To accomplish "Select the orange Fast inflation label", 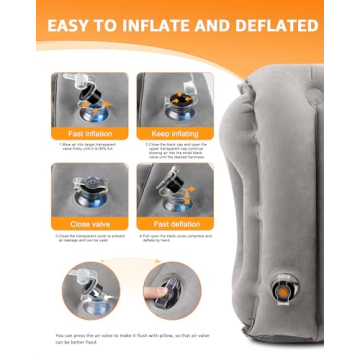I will (x=89, y=134).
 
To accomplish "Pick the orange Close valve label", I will (x=89, y=224).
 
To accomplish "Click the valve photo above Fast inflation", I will (x=89, y=99).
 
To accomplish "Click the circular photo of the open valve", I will (x=90, y=291).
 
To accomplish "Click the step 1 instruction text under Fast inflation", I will (x=89, y=148).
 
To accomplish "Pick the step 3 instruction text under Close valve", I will (x=89, y=239).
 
